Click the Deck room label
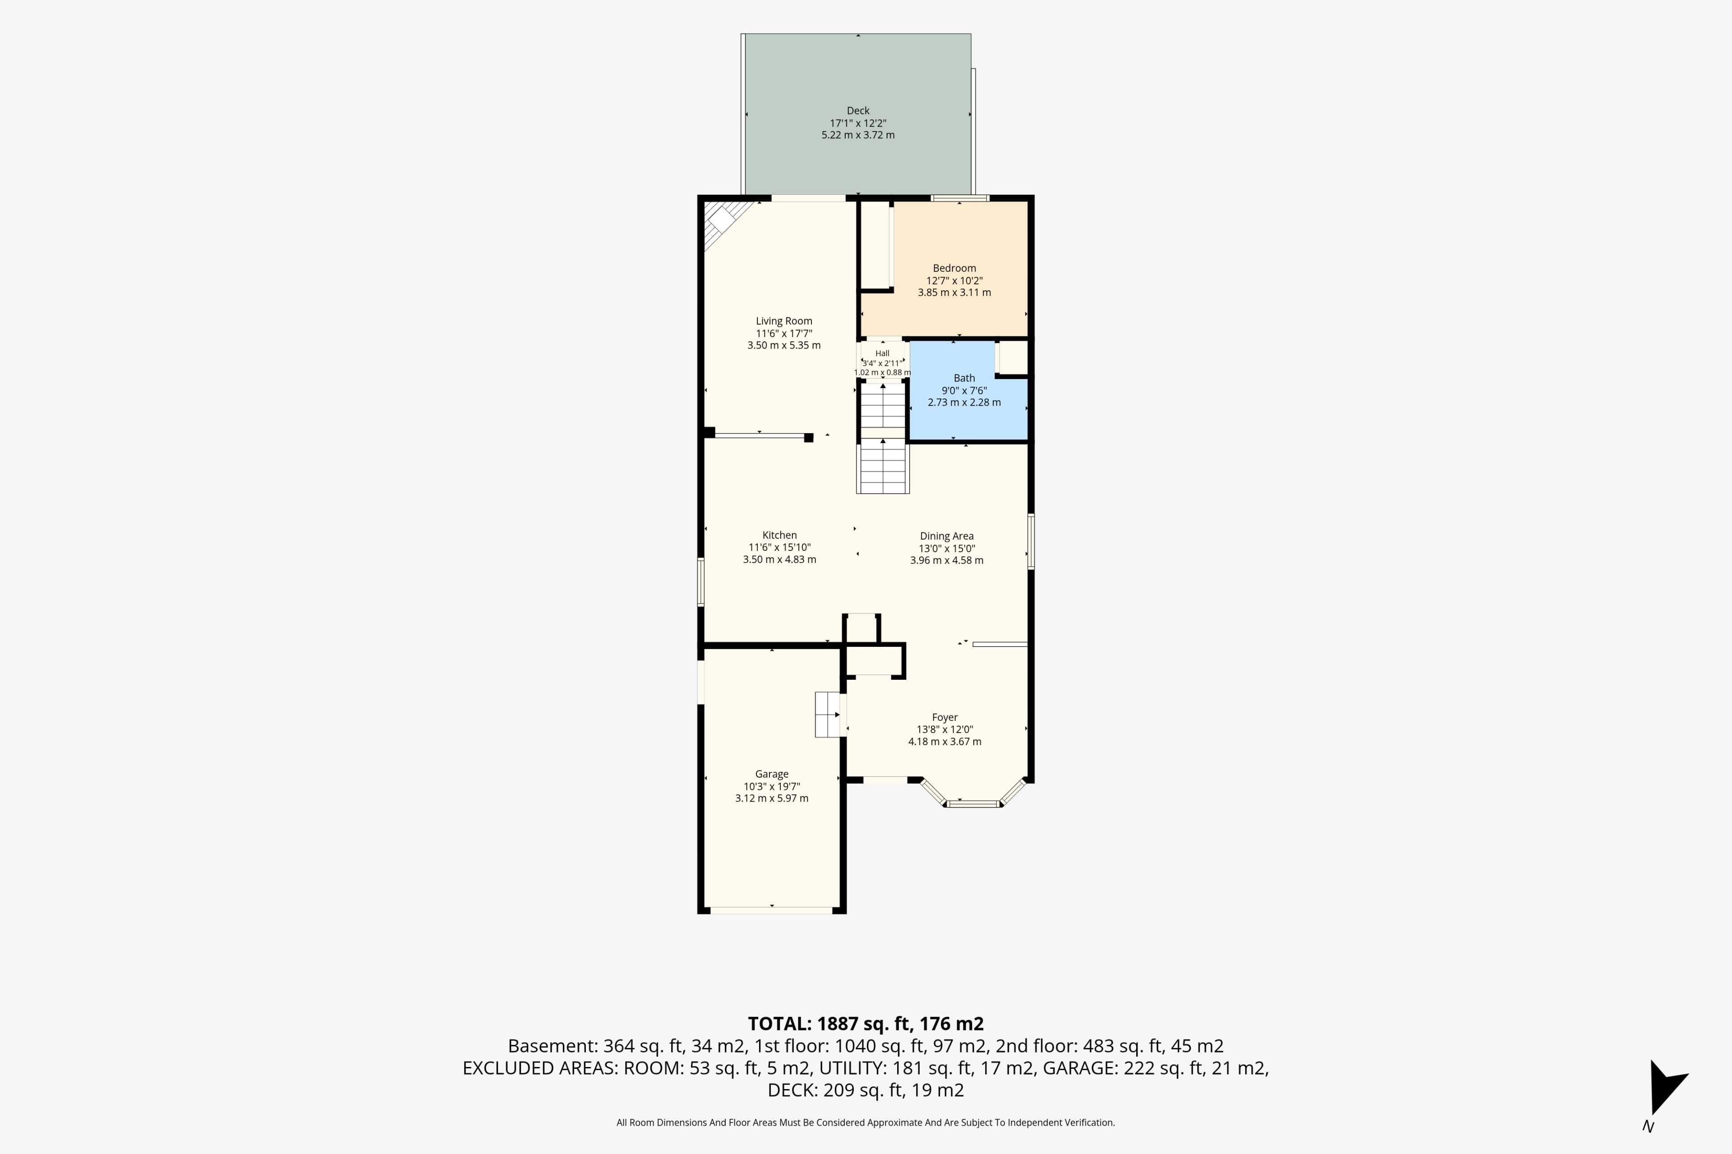click(858, 110)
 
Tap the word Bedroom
click(954, 268)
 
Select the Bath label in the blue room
click(964, 378)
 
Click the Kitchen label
click(779, 535)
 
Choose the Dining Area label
click(946, 536)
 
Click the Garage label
click(772, 774)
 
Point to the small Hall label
click(882, 353)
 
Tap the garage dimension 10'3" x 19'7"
click(772, 786)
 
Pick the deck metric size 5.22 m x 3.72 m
click(858, 135)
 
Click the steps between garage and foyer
click(828, 714)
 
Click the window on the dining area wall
click(1031, 541)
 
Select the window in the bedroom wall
click(959, 198)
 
